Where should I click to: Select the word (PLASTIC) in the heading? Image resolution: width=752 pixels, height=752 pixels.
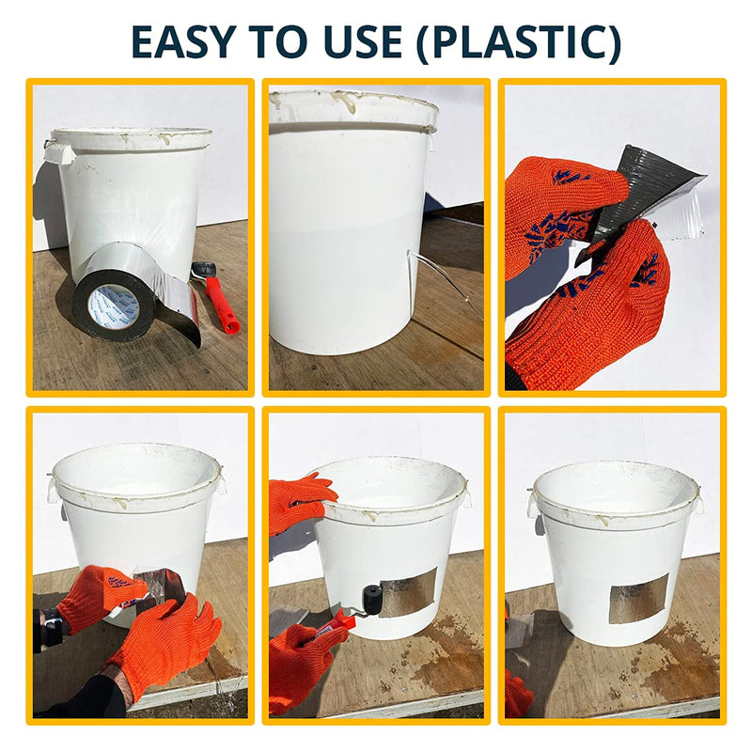coord(519,43)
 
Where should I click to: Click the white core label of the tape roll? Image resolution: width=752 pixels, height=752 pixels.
coord(114,307)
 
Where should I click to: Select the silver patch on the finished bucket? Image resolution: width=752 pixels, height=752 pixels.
coord(639,599)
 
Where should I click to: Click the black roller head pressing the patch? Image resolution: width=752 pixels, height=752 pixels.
coord(372,598)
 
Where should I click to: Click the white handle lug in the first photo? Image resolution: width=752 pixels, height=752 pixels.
coord(59,153)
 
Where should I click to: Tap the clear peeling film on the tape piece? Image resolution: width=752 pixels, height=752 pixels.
coord(681,211)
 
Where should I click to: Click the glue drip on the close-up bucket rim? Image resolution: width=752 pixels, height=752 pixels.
coord(345,102)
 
